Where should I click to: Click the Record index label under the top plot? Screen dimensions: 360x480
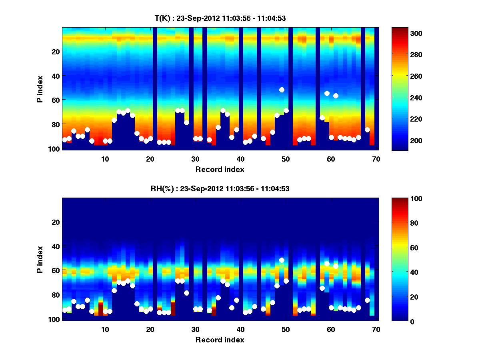pos(220,169)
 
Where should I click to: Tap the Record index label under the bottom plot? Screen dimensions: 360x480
pos(220,340)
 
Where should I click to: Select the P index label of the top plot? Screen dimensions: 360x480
pos(40,89)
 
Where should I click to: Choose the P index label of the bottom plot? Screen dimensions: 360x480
pos(40,259)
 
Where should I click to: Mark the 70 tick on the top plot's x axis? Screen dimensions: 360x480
pos(376,159)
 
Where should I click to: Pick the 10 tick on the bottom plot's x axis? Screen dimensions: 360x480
pos(105,329)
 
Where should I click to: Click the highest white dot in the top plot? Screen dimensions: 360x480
pos(282,90)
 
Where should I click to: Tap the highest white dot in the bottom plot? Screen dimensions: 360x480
pos(282,260)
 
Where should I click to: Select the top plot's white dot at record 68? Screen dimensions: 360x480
pos(367,130)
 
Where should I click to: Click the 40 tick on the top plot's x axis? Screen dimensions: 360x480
pos(240,159)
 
